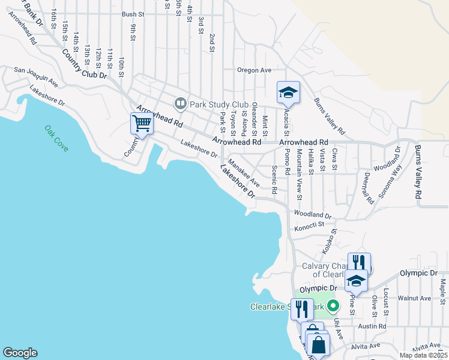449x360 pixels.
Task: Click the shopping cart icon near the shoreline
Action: tap(142, 124)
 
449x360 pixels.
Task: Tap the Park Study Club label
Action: tap(219, 104)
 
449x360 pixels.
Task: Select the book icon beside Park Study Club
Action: tap(179, 104)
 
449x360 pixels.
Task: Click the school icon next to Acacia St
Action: tap(288, 92)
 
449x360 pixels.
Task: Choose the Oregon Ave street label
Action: tap(255, 70)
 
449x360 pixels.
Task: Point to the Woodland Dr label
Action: tap(312, 215)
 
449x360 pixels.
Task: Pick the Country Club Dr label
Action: tap(84, 63)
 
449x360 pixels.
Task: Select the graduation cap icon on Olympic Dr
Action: tap(356, 281)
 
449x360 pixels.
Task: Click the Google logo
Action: tap(20, 353)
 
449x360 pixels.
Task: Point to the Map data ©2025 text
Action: tap(423, 355)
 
